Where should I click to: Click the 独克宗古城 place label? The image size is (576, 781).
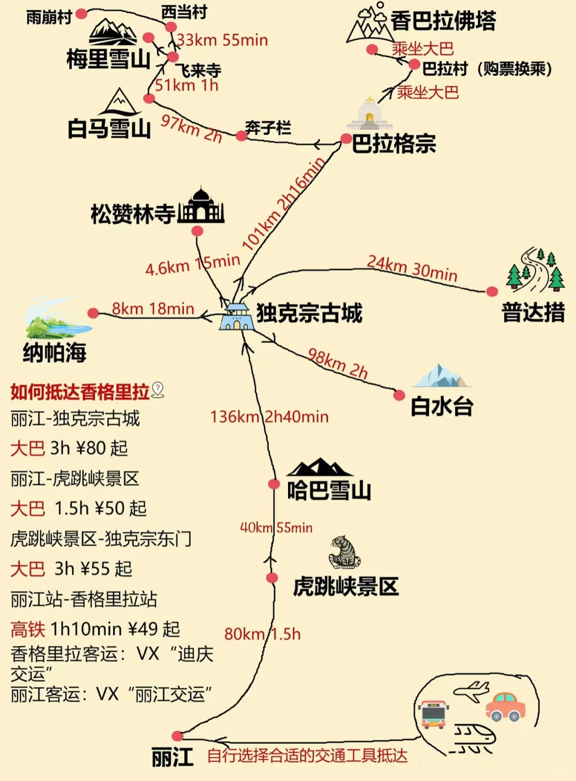pos(309,313)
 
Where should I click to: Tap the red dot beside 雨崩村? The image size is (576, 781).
pos(81,14)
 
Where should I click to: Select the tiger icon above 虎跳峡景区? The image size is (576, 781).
pos(345,552)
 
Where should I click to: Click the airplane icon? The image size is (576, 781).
pos(471,691)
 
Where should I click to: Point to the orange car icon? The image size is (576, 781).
pos(505,707)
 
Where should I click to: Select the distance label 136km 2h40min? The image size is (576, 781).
pos(269,417)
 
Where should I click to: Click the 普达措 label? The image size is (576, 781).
pos(533,312)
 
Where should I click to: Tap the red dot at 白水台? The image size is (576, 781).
pos(399,395)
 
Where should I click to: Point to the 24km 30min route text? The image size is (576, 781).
pos(412,268)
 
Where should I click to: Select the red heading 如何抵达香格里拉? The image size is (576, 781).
pos(80,392)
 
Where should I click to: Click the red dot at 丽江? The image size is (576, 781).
pos(178,736)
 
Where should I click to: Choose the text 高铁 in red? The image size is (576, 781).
pos(28,629)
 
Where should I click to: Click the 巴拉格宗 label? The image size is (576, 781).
pos(394,144)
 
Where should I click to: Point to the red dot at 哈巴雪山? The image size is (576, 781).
pos(274,484)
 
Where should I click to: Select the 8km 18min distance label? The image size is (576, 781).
pos(153,309)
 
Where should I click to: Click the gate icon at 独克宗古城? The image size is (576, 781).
pos(236,317)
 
